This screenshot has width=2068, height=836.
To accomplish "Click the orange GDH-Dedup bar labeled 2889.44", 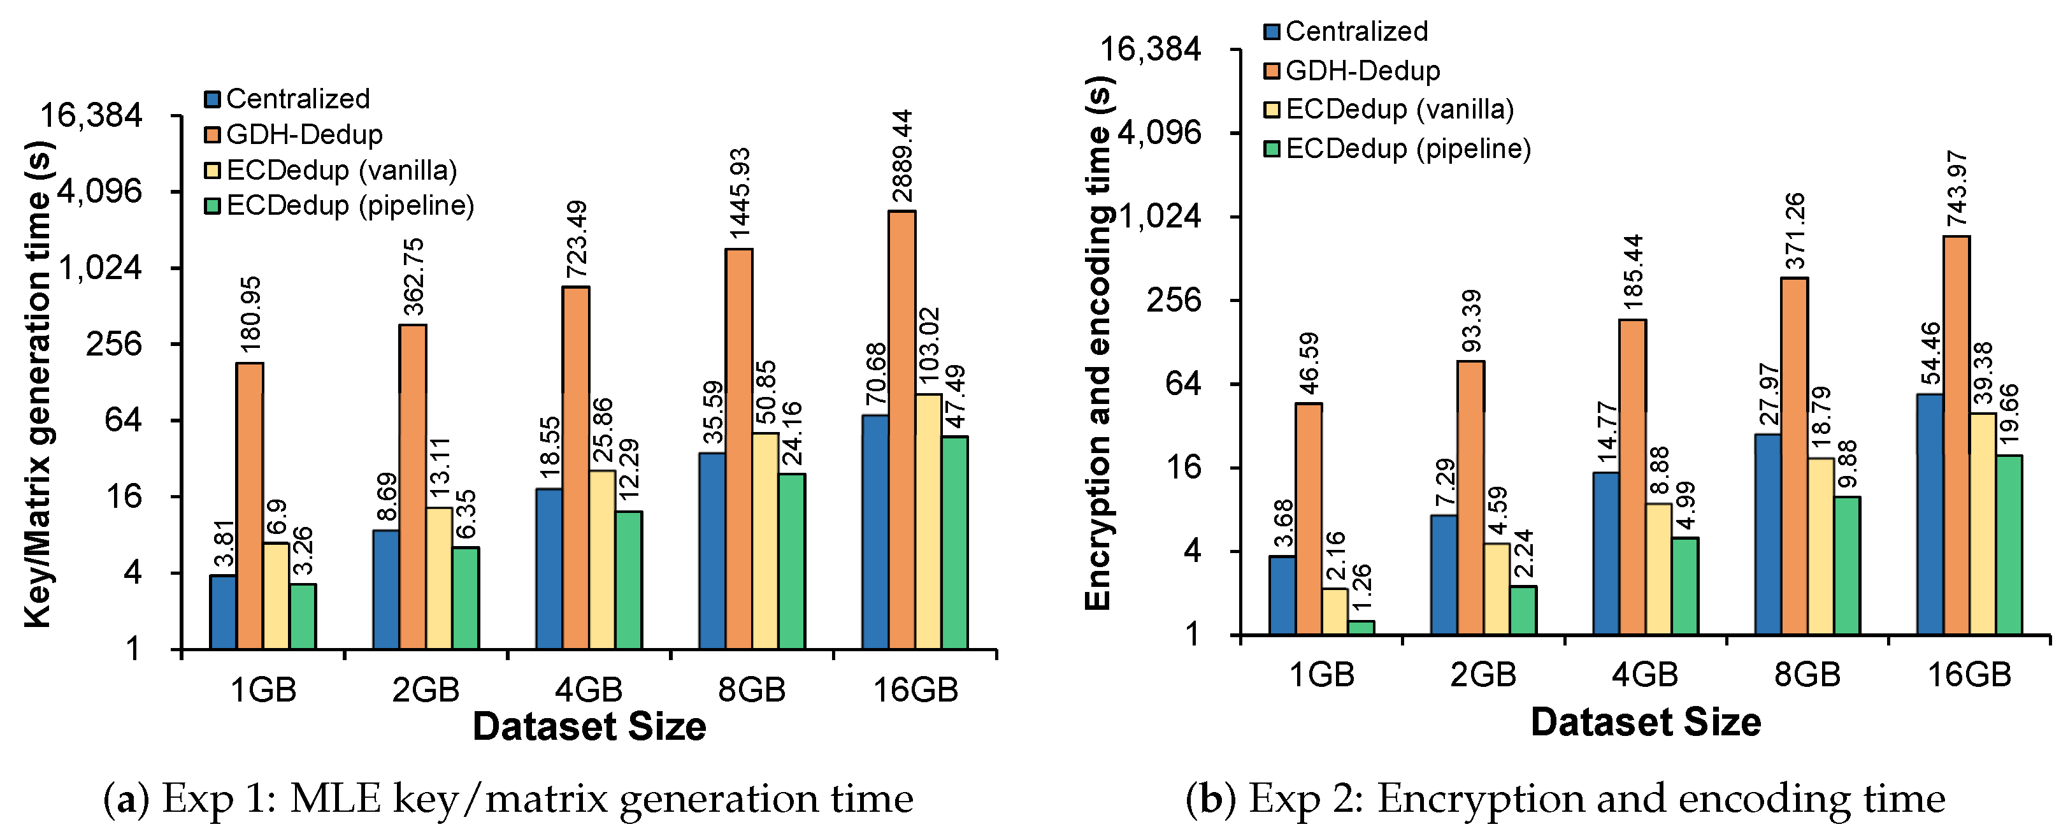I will pyautogui.click(x=901, y=429).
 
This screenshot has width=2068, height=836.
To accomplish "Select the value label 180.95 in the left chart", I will pyautogui.click(x=250, y=314).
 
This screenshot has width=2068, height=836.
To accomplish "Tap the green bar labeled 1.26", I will pyautogui.click(x=1361, y=627).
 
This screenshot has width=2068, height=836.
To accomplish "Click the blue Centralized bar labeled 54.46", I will pyautogui.click(x=1929, y=514).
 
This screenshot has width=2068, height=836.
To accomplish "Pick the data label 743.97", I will pyautogui.click(x=1957, y=189).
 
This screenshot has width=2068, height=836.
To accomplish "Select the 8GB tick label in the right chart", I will pyautogui.click(x=1806, y=675).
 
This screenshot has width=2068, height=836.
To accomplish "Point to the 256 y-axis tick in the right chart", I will pyautogui.click(x=1173, y=300).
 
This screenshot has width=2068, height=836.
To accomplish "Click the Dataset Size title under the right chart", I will pyautogui.click(x=1645, y=722).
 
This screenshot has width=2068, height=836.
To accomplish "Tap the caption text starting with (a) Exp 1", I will pyautogui.click(x=508, y=798).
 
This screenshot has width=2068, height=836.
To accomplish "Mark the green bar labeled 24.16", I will pyautogui.click(x=791, y=561).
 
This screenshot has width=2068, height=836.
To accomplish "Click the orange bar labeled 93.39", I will pyautogui.click(x=1470, y=498).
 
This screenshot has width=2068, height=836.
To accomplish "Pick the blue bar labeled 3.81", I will pyautogui.click(x=222, y=611).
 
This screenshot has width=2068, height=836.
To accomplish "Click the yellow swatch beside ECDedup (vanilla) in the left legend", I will pyautogui.click(x=213, y=170).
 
